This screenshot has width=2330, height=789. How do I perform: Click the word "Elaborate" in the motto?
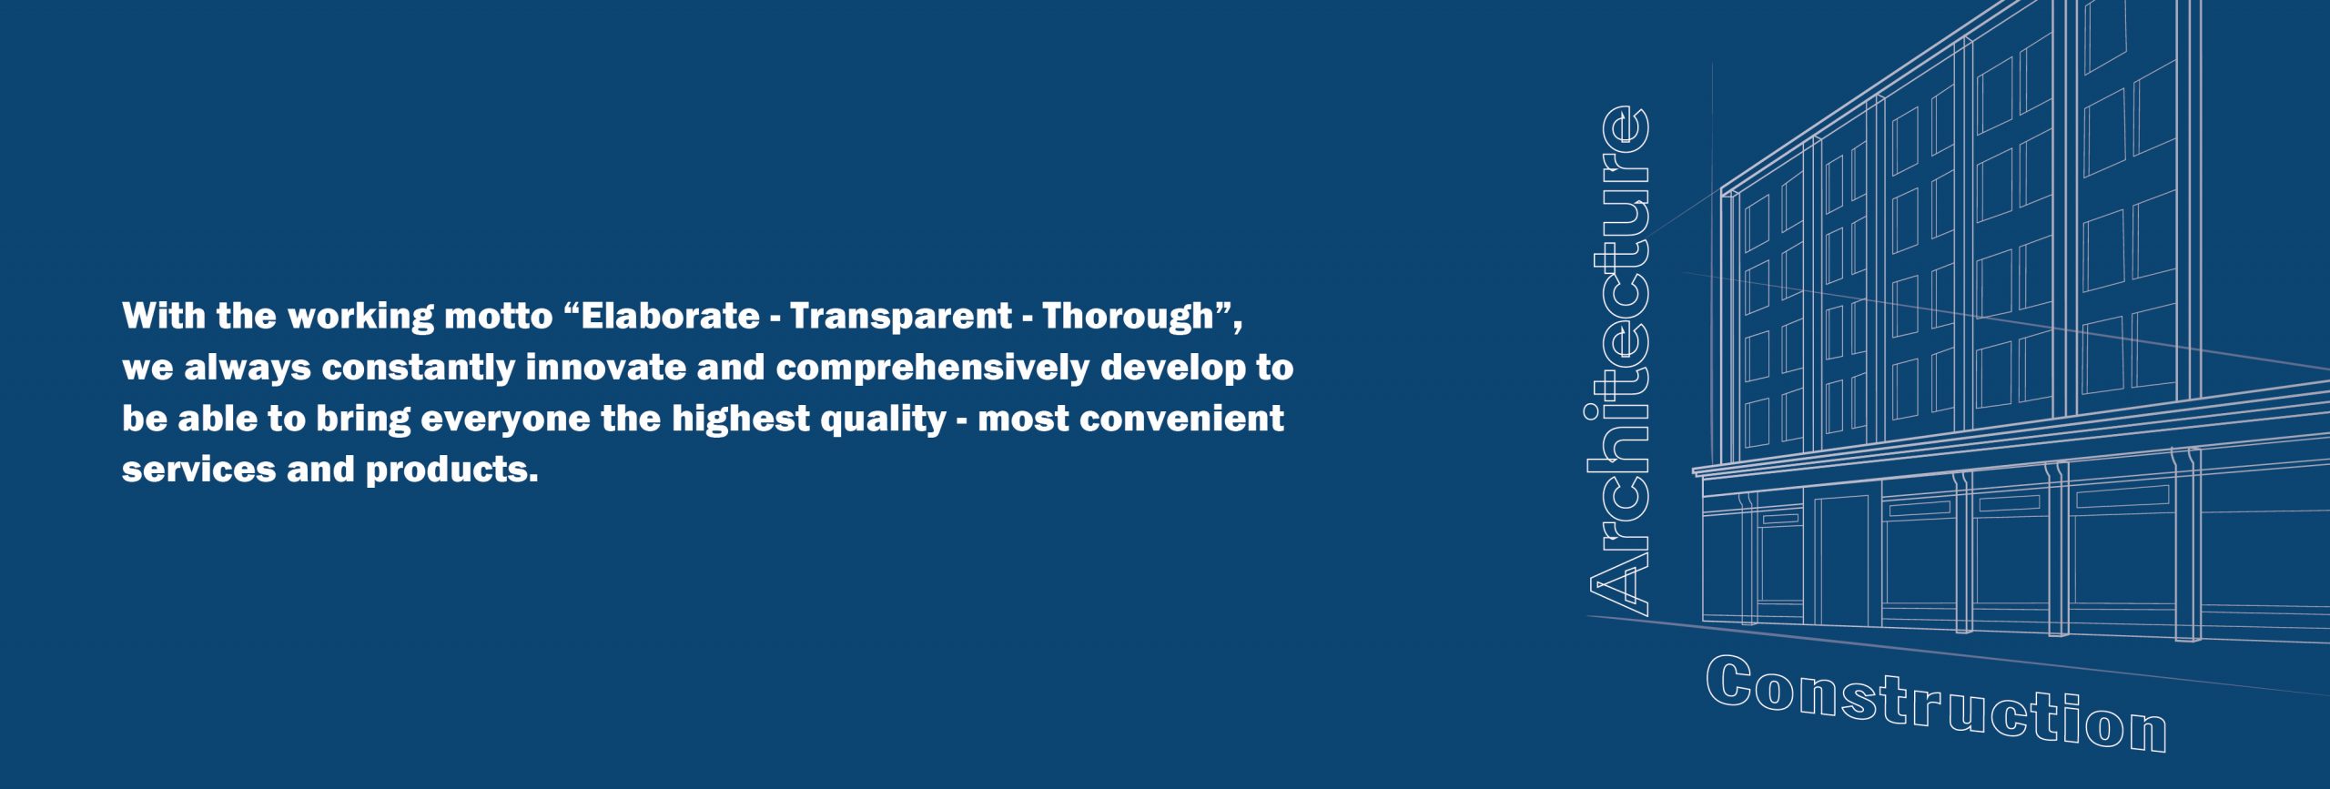pyautogui.click(x=670, y=316)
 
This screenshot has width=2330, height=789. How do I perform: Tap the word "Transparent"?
pyautogui.click(x=901, y=317)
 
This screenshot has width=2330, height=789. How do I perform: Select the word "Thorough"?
pyautogui.click(x=1129, y=317)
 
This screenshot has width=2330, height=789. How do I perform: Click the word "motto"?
pyautogui.click(x=499, y=317)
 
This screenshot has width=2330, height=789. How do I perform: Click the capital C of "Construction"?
pyautogui.click(x=1729, y=683)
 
